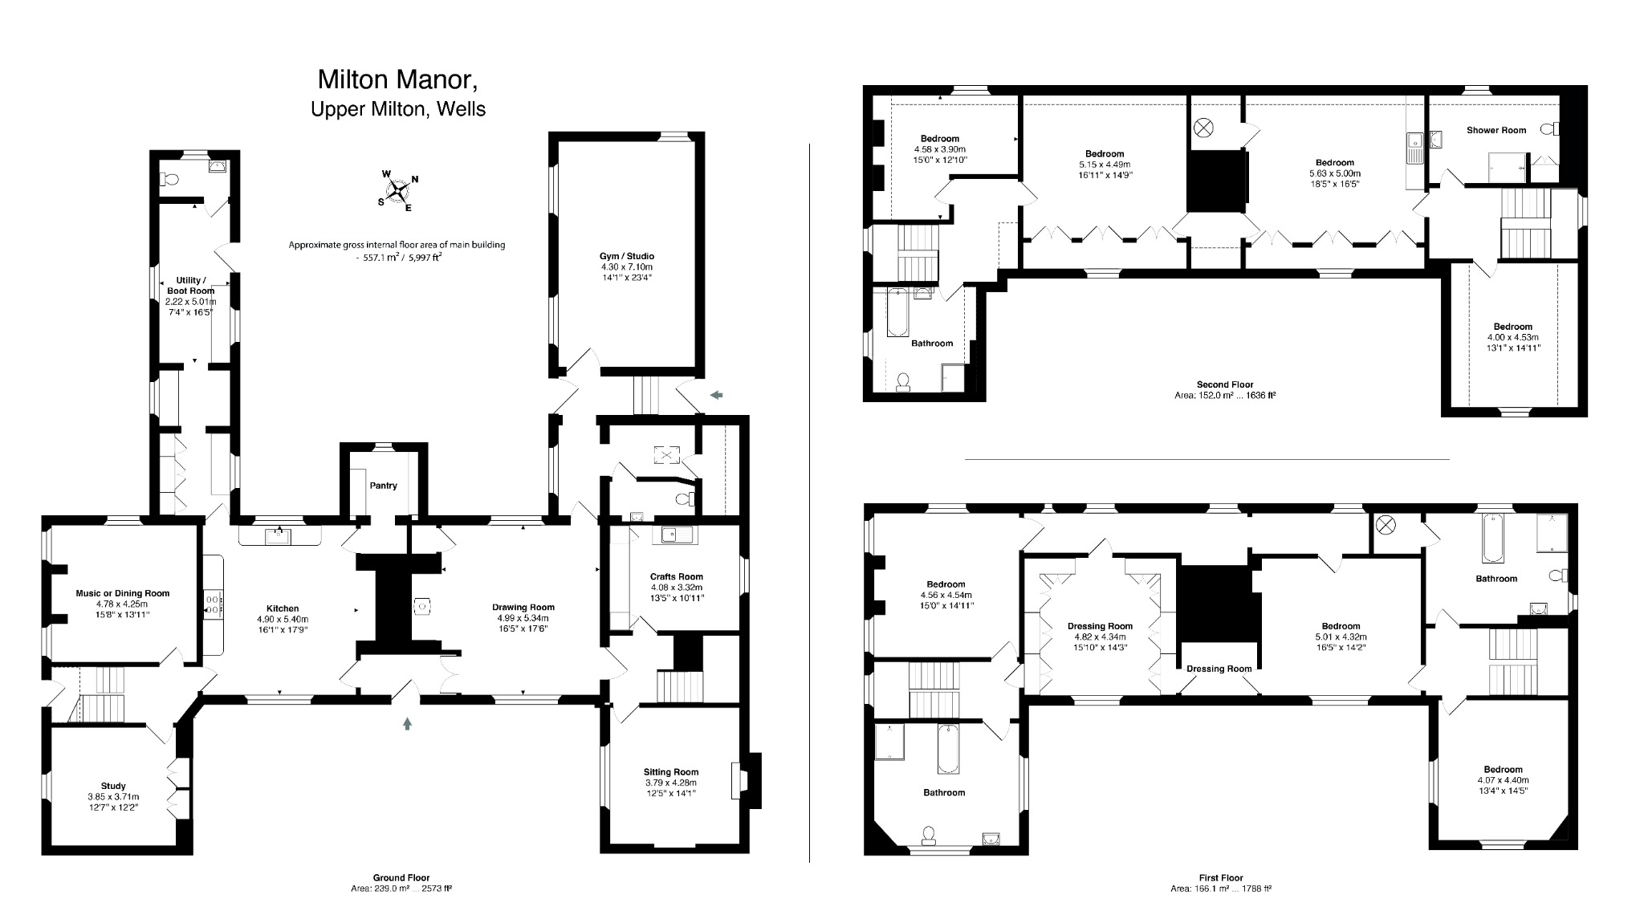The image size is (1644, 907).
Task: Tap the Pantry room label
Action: click(x=384, y=486)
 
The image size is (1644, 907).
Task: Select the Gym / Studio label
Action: click(x=627, y=256)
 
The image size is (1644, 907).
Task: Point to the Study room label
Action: click(x=113, y=786)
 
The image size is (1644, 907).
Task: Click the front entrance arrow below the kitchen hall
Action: click(x=408, y=723)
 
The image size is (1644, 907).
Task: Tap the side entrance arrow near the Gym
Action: click(x=716, y=394)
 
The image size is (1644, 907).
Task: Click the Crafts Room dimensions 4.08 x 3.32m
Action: click(x=677, y=587)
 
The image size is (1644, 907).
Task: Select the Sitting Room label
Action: click(x=671, y=772)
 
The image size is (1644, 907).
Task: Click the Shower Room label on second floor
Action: click(x=1496, y=130)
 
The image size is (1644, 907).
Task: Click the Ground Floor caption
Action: click(x=401, y=878)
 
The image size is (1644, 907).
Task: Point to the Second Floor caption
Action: click(x=1225, y=384)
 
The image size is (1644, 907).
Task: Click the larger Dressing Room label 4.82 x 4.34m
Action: click(x=1100, y=626)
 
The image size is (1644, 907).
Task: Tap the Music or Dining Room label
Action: click(x=123, y=593)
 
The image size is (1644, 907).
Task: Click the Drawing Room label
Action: click(x=523, y=608)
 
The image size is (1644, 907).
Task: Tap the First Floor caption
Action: click(x=1220, y=878)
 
